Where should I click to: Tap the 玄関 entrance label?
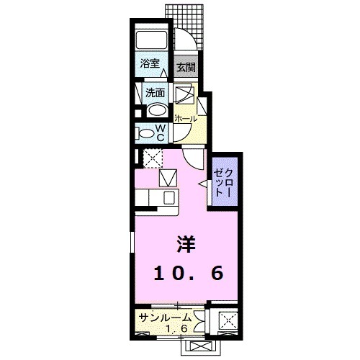click(186, 68)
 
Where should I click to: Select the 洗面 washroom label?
click(155, 92)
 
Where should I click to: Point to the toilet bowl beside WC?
click(145, 132)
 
